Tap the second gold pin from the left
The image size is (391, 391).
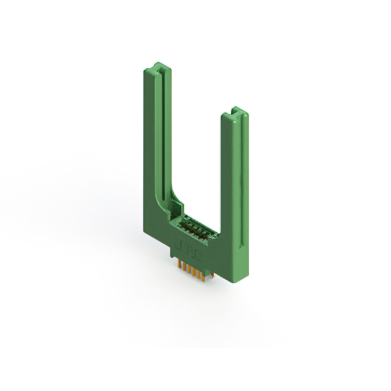coord(185,266)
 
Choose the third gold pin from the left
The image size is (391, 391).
coord(189,269)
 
